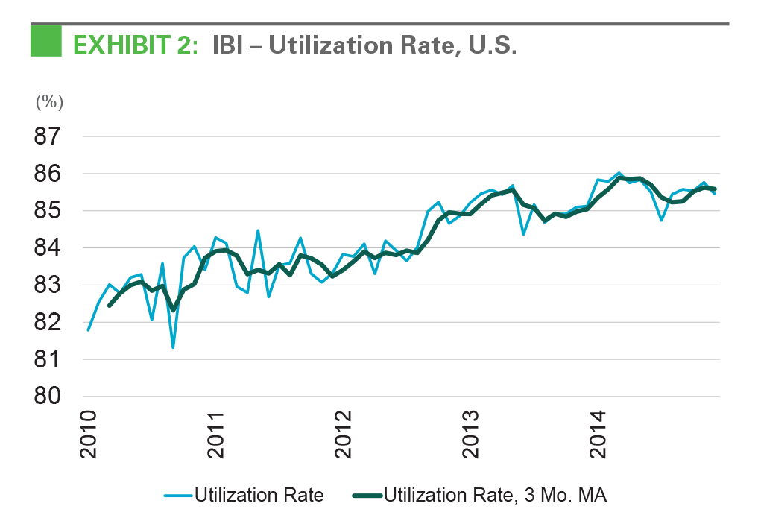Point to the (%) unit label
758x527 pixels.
pos(50,103)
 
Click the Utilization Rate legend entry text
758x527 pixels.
pos(259,496)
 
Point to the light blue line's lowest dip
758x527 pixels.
pos(173,347)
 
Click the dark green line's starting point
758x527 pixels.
pos(110,305)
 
